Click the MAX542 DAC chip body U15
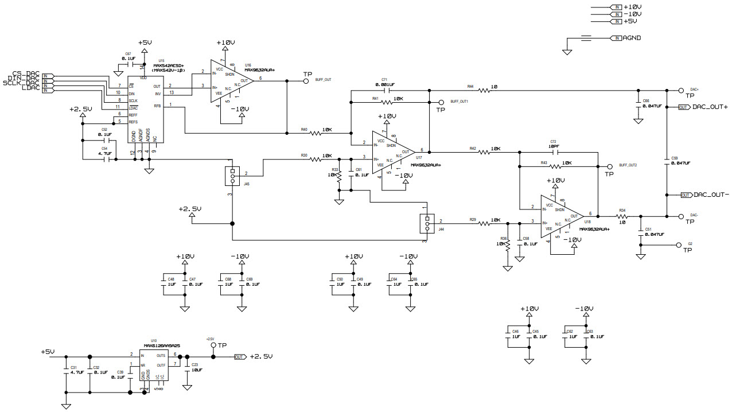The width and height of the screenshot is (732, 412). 145,109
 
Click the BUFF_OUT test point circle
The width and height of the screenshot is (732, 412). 307,81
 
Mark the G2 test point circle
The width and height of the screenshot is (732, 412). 679,244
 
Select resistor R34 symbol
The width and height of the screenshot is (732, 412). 622,216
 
